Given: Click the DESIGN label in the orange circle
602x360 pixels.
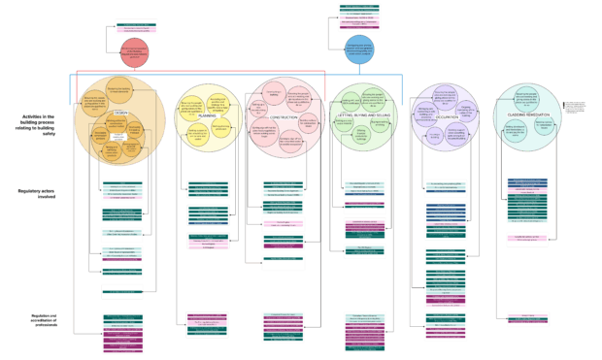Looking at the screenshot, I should click(x=121, y=113).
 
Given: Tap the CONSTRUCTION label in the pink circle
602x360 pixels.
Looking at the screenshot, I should click(x=284, y=117).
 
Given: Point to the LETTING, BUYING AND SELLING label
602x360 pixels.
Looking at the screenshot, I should click(x=363, y=114).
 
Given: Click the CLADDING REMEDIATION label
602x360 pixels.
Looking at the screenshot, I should click(x=528, y=115).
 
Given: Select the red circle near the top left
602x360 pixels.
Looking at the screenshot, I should click(x=135, y=53).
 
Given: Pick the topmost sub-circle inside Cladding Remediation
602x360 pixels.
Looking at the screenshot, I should click(x=527, y=97).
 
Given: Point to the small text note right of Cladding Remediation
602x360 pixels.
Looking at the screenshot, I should click(x=576, y=108).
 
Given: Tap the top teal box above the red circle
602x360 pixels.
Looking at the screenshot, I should click(x=133, y=26).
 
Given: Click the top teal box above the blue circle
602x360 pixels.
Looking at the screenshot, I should click(x=359, y=8).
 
